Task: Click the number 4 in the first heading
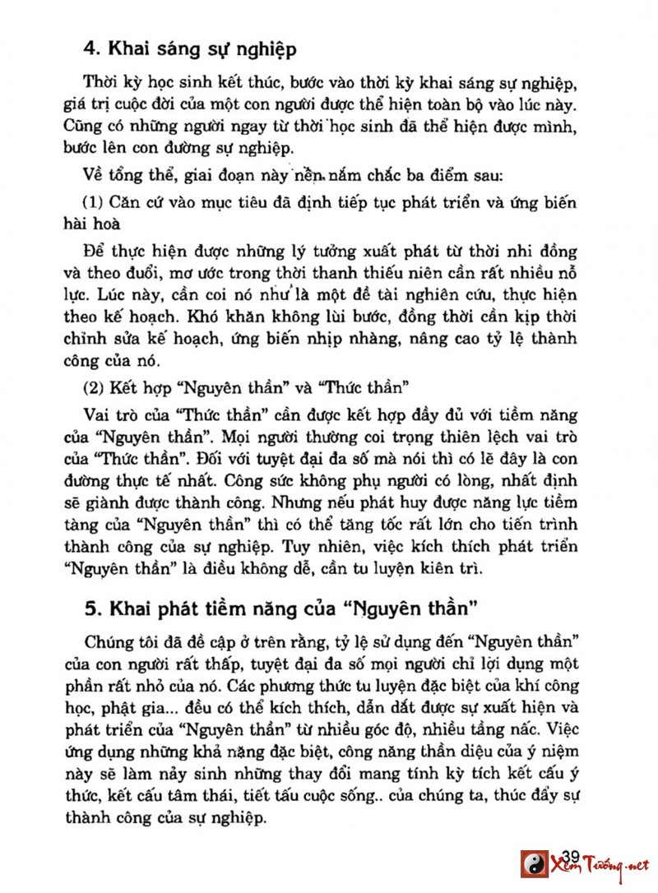pyautogui.click(x=90, y=49)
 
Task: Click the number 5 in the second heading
pyautogui.click(x=90, y=609)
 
